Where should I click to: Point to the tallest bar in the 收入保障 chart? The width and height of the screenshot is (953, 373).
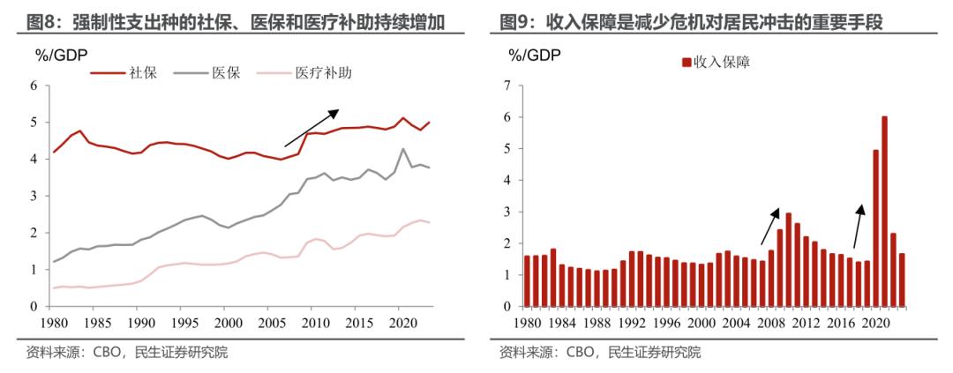click(x=884, y=211)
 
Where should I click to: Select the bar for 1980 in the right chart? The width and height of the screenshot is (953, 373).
click(x=527, y=281)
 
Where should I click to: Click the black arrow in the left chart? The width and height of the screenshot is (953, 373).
click(x=311, y=128)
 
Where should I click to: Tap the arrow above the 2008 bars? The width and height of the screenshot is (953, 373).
click(x=769, y=226)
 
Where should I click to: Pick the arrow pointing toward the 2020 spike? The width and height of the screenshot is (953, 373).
click(x=859, y=226)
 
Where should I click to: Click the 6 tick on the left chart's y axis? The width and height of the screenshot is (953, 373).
click(x=34, y=86)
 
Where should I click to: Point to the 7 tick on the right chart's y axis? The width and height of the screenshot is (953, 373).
click(x=507, y=86)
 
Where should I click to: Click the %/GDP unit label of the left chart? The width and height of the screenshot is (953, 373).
click(x=60, y=55)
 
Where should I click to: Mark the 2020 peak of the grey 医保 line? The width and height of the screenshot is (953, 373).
click(x=402, y=149)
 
